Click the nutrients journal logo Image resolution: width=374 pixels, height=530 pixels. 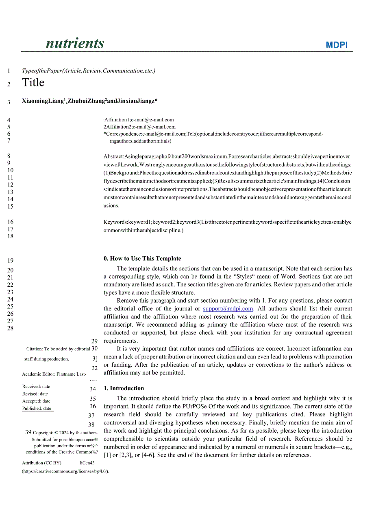coord(75,43)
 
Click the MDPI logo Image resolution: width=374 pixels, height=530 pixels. coord(337,45)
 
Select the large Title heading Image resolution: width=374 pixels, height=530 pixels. coord(33,83)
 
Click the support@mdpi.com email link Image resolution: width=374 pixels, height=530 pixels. coord(228,309)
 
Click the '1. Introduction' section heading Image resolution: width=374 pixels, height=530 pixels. coord(124,389)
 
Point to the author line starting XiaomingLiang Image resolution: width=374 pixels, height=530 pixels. coord(89,101)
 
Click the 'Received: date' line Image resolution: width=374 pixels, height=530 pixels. coord(36,387)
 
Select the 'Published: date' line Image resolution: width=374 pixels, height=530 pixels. coord(37,409)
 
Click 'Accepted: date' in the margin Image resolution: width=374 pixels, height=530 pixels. coord(36,401)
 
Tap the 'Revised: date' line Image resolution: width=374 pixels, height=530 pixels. coord(35,394)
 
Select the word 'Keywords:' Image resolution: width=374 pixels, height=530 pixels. coord(115,222)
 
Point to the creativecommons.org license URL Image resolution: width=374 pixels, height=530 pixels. coord(65,471)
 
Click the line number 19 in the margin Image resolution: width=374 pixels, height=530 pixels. coord(10,261)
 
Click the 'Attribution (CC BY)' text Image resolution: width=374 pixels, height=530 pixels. coord(41,463)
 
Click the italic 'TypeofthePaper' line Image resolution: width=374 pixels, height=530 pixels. coord(88,71)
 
